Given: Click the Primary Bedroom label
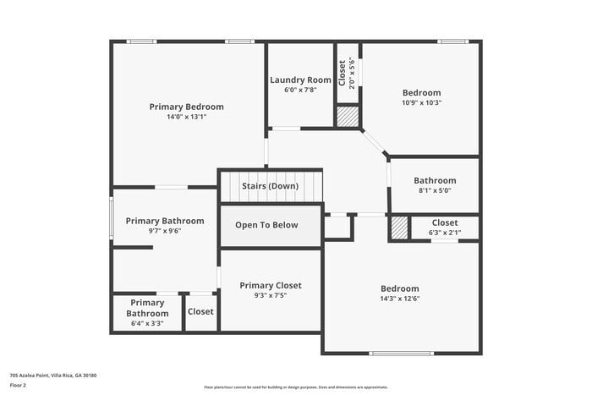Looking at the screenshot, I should coord(186,107).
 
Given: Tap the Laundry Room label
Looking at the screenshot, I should coord(300,80).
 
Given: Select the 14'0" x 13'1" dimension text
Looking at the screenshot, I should coord(186,117).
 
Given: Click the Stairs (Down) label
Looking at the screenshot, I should coord(270,185).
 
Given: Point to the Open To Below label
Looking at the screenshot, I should coord(266,225).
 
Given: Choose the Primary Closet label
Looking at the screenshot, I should coord(270,285).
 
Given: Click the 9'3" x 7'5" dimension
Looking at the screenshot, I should coord(270,296).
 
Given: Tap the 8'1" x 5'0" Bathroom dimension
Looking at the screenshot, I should coord(435,191).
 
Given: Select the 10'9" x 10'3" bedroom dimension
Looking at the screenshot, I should coord(421,102).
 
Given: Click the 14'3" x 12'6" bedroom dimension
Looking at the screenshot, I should coord(399,299).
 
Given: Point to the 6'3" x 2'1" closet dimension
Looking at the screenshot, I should coord(444,233).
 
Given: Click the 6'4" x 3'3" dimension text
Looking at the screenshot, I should coord(147,323).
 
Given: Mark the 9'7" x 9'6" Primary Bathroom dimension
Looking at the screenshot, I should coord(165,230).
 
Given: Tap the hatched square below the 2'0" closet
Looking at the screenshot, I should coord(348,117).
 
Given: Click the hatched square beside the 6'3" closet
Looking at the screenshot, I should coord(399,228).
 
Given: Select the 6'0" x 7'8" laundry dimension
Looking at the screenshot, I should coord(300,90).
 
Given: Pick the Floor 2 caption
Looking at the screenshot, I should coord(18,385).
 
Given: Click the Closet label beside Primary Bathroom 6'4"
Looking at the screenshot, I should coord(200,311).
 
